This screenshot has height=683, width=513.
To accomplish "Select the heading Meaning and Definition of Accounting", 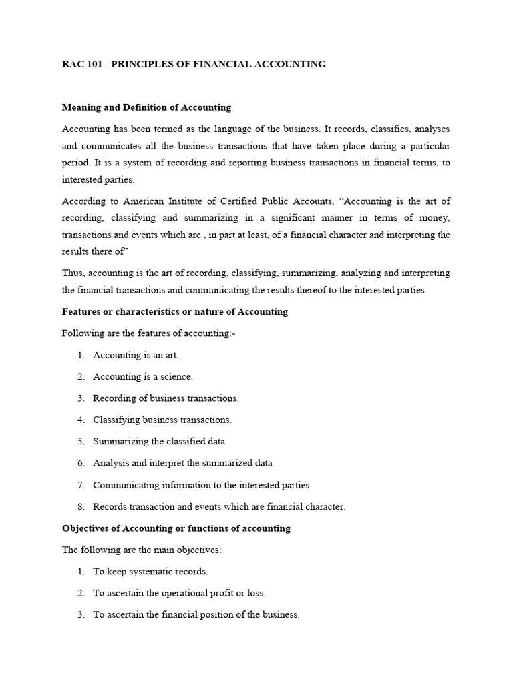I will [146, 107].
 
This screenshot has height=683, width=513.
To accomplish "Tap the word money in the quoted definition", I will [434, 219].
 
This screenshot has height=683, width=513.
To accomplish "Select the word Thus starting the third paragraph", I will [72, 273].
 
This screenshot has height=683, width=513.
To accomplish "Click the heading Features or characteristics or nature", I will [175, 311].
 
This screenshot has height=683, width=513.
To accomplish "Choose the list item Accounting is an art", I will [136, 355].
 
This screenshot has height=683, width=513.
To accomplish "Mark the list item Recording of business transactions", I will [166, 398].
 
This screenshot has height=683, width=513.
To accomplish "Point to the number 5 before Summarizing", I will [79, 441].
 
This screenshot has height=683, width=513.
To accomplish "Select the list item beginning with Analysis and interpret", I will [182, 463].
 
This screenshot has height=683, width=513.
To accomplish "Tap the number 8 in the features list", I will [79, 506].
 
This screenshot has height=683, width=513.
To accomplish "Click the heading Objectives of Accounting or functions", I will [176, 528].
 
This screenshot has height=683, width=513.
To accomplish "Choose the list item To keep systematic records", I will [150, 572].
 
